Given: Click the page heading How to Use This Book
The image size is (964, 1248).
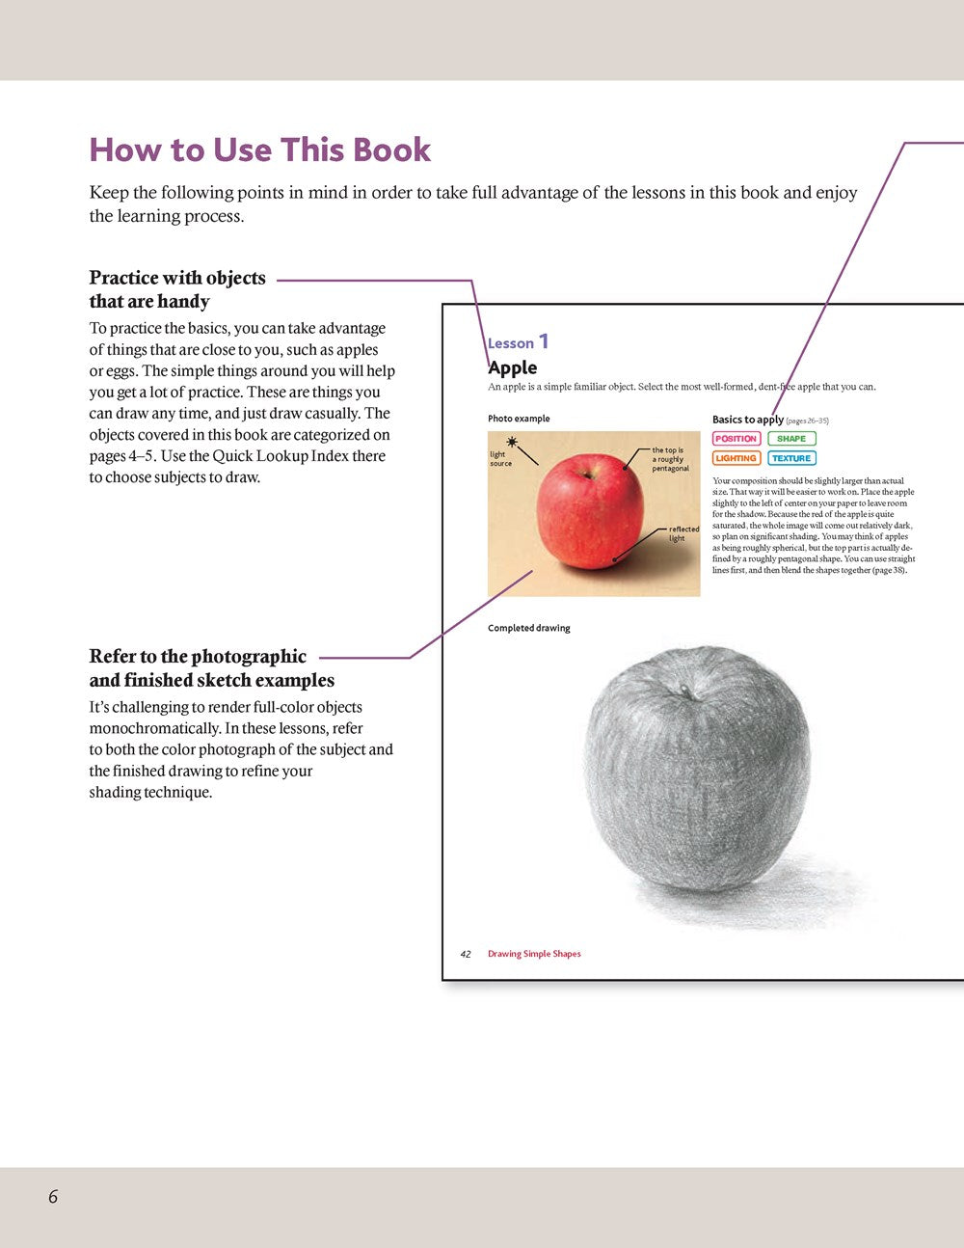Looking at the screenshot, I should (260, 150).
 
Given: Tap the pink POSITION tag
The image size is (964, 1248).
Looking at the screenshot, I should (736, 439).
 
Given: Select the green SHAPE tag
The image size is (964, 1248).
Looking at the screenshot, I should (791, 439).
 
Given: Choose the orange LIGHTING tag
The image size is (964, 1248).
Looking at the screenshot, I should (736, 458).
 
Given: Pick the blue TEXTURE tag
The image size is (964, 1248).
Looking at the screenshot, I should (791, 458).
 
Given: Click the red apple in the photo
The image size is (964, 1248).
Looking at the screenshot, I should (589, 510).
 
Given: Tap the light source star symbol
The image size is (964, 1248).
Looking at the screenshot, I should (511, 441).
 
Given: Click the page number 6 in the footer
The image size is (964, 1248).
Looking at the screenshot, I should (53, 1197).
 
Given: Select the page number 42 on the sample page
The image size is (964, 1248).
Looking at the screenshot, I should (466, 954).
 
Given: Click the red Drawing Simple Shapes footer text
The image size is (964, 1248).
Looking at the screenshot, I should (534, 954).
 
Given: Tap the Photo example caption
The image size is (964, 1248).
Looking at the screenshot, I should (519, 419).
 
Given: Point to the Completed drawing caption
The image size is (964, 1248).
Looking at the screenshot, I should (529, 628).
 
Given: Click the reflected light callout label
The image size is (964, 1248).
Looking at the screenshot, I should (683, 533).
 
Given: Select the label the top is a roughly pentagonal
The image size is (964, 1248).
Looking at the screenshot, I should (670, 459).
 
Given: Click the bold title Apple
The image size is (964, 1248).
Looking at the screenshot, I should (513, 367).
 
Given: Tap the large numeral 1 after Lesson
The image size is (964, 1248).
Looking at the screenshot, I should (544, 341).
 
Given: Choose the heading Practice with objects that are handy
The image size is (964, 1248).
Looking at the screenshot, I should (177, 289).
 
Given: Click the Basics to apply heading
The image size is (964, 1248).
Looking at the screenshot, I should (747, 420).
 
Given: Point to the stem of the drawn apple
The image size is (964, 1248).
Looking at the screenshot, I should (685, 691).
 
